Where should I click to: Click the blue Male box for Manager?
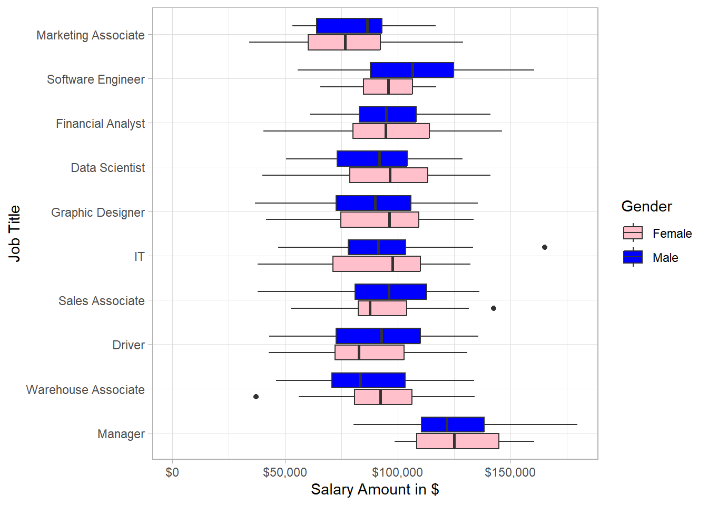[x=453, y=425]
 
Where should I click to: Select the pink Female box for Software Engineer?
[x=388, y=87]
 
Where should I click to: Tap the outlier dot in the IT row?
[x=545, y=247]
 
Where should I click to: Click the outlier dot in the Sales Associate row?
[x=494, y=308]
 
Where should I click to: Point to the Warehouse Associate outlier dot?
[x=256, y=397]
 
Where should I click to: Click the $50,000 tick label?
[x=285, y=472]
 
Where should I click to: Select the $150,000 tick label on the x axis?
[x=510, y=472]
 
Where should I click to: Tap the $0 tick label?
[x=172, y=472]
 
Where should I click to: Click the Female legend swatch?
[x=633, y=233]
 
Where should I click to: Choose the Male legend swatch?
[x=633, y=257]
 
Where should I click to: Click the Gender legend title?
[x=646, y=206]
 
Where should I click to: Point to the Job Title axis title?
[x=14, y=234]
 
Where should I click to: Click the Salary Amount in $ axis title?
[x=375, y=490]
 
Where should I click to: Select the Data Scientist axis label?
[x=108, y=168]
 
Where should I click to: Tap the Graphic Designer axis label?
[x=98, y=213]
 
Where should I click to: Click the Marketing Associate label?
[x=91, y=35]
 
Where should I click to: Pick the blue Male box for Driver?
[x=378, y=336]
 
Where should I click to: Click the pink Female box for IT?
[x=376, y=264]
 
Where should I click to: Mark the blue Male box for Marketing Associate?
[x=349, y=26]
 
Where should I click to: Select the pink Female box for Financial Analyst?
[x=391, y=131]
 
